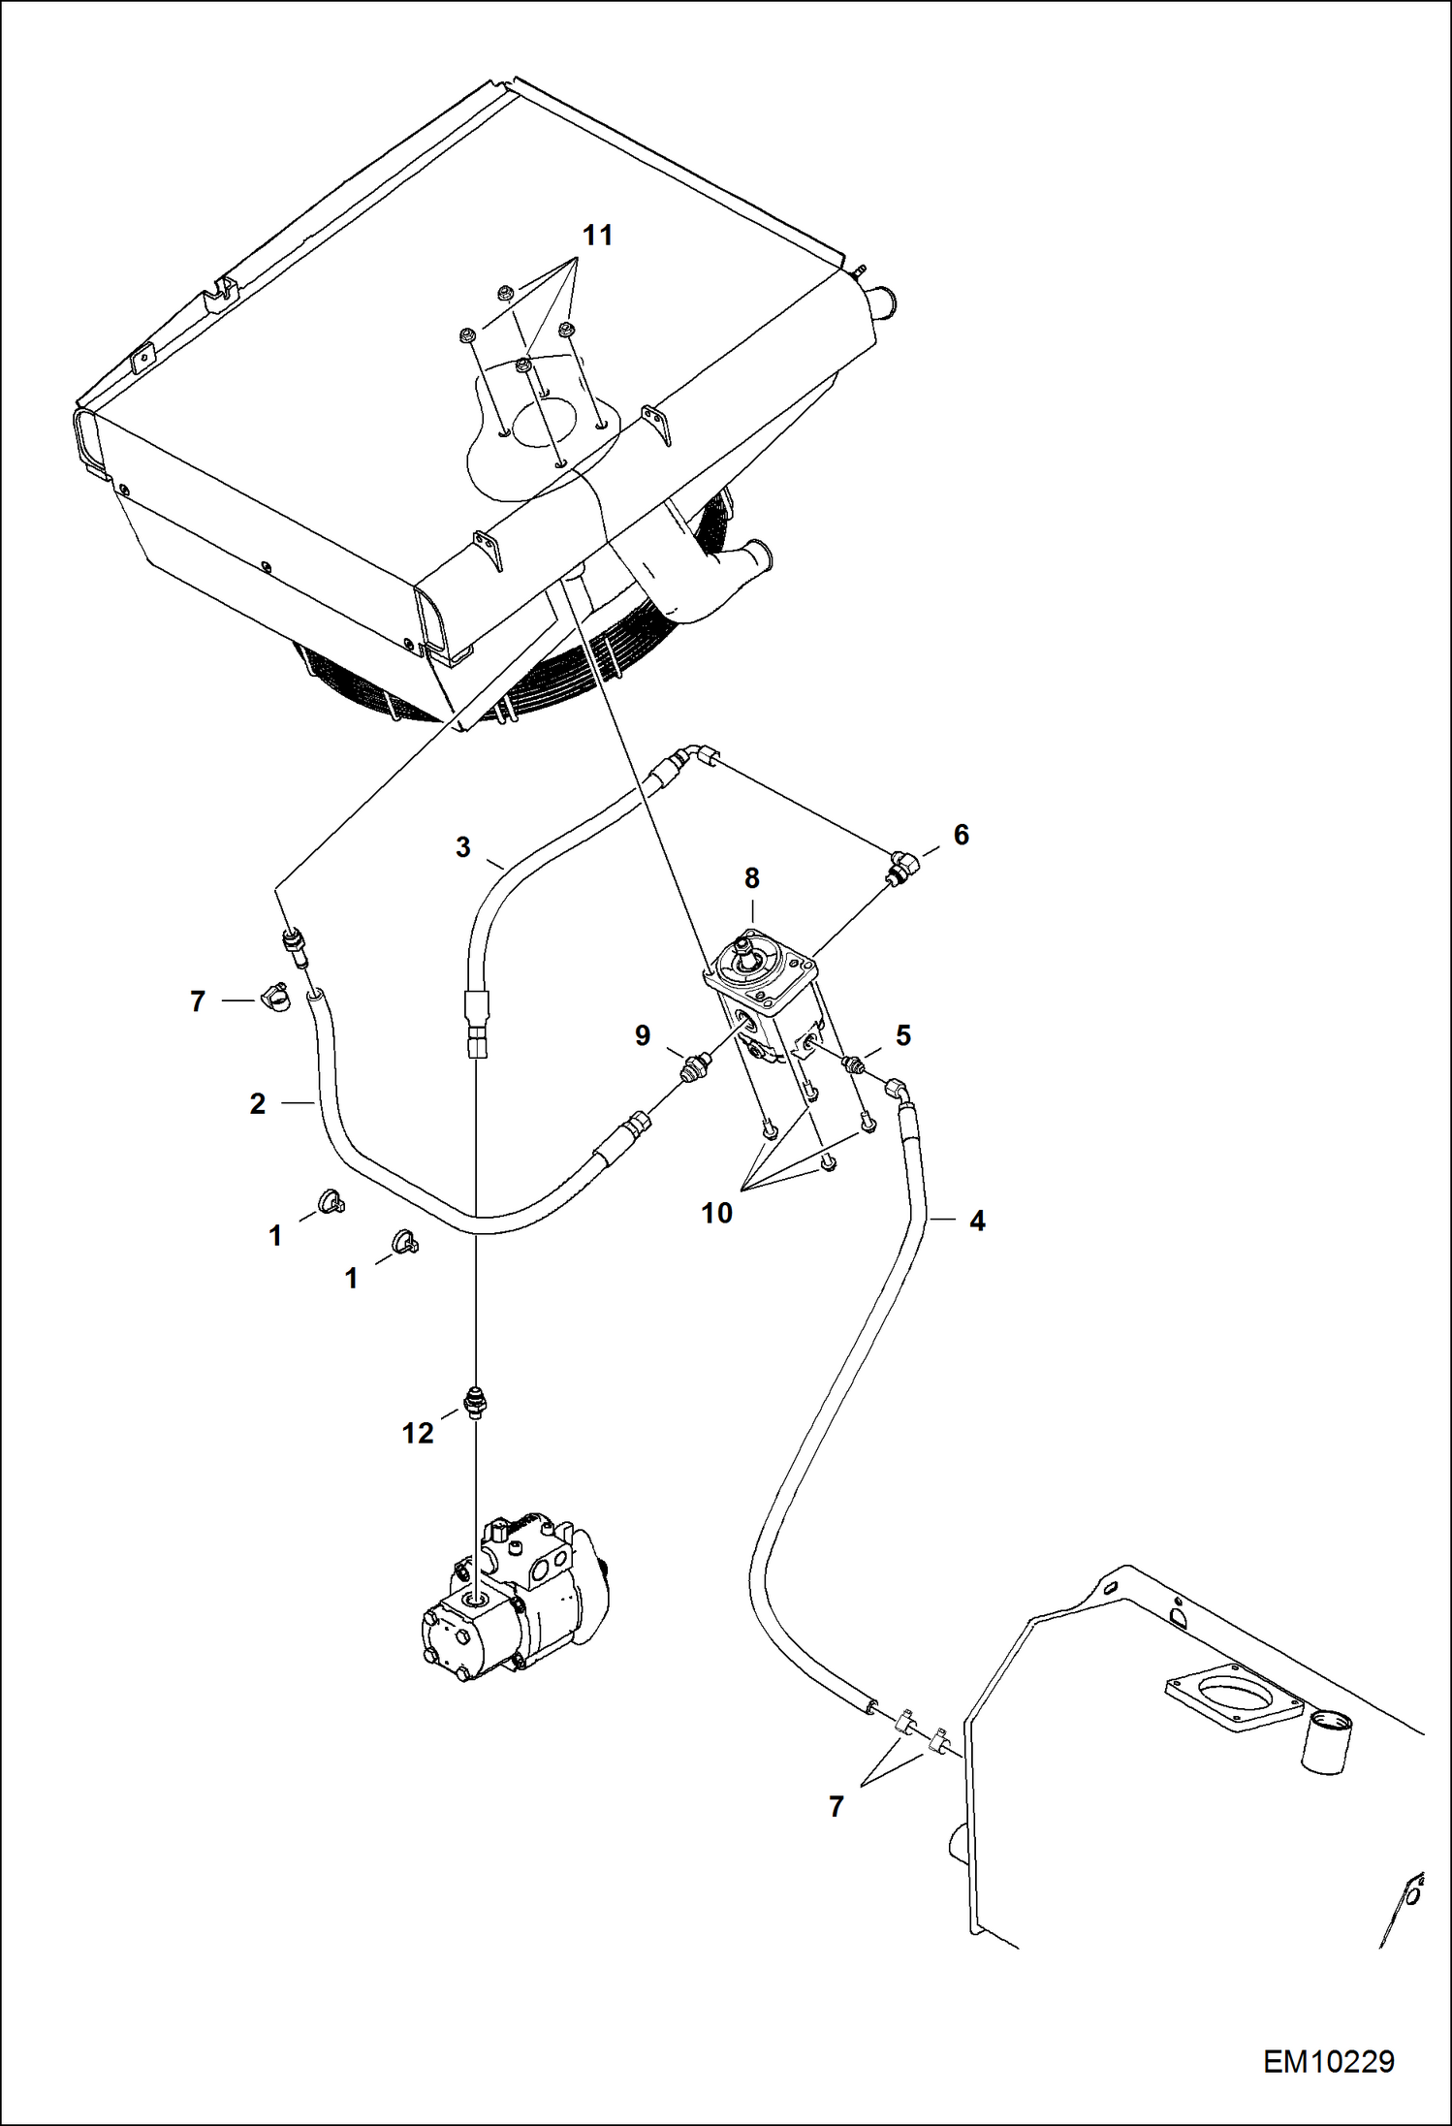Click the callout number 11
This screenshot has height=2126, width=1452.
point(597,236)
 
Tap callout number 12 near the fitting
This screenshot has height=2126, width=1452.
point(418,1433)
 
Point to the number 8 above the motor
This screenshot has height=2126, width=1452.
point(752,878)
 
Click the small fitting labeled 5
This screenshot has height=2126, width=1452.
point(853,1063)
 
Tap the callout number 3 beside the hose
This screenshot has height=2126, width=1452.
point(463,847)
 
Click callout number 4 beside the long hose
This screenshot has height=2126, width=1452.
point(977,1221)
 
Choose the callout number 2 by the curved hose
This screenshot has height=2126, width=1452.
point(257,1103)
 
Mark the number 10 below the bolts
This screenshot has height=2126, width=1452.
point(717,1213)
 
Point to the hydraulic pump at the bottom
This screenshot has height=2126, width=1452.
point(514,1600)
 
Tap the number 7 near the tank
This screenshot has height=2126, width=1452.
point(836,1806)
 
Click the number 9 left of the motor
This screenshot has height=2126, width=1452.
point(643,1035)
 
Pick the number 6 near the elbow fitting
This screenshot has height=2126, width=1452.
point(961,834)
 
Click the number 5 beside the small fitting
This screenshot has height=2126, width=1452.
point(902,1035)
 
